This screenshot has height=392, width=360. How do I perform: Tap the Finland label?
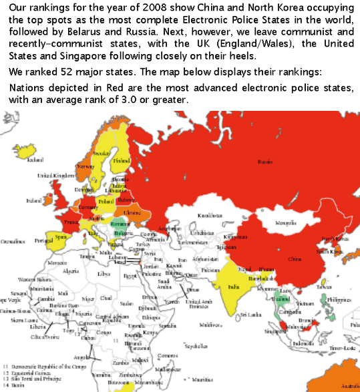[x=122, y=161]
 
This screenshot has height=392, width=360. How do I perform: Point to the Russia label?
[x=265, y=161]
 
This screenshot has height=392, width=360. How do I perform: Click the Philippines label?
[x=340, y=301]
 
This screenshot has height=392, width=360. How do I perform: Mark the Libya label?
[x=104, y=274]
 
